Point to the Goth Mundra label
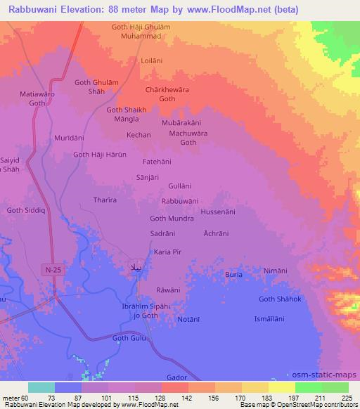[172, 218]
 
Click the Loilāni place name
[152, 61]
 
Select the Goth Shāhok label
[280, 299]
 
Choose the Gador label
[177, 377]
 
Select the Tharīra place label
[105, 200]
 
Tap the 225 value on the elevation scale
[347, 398]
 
